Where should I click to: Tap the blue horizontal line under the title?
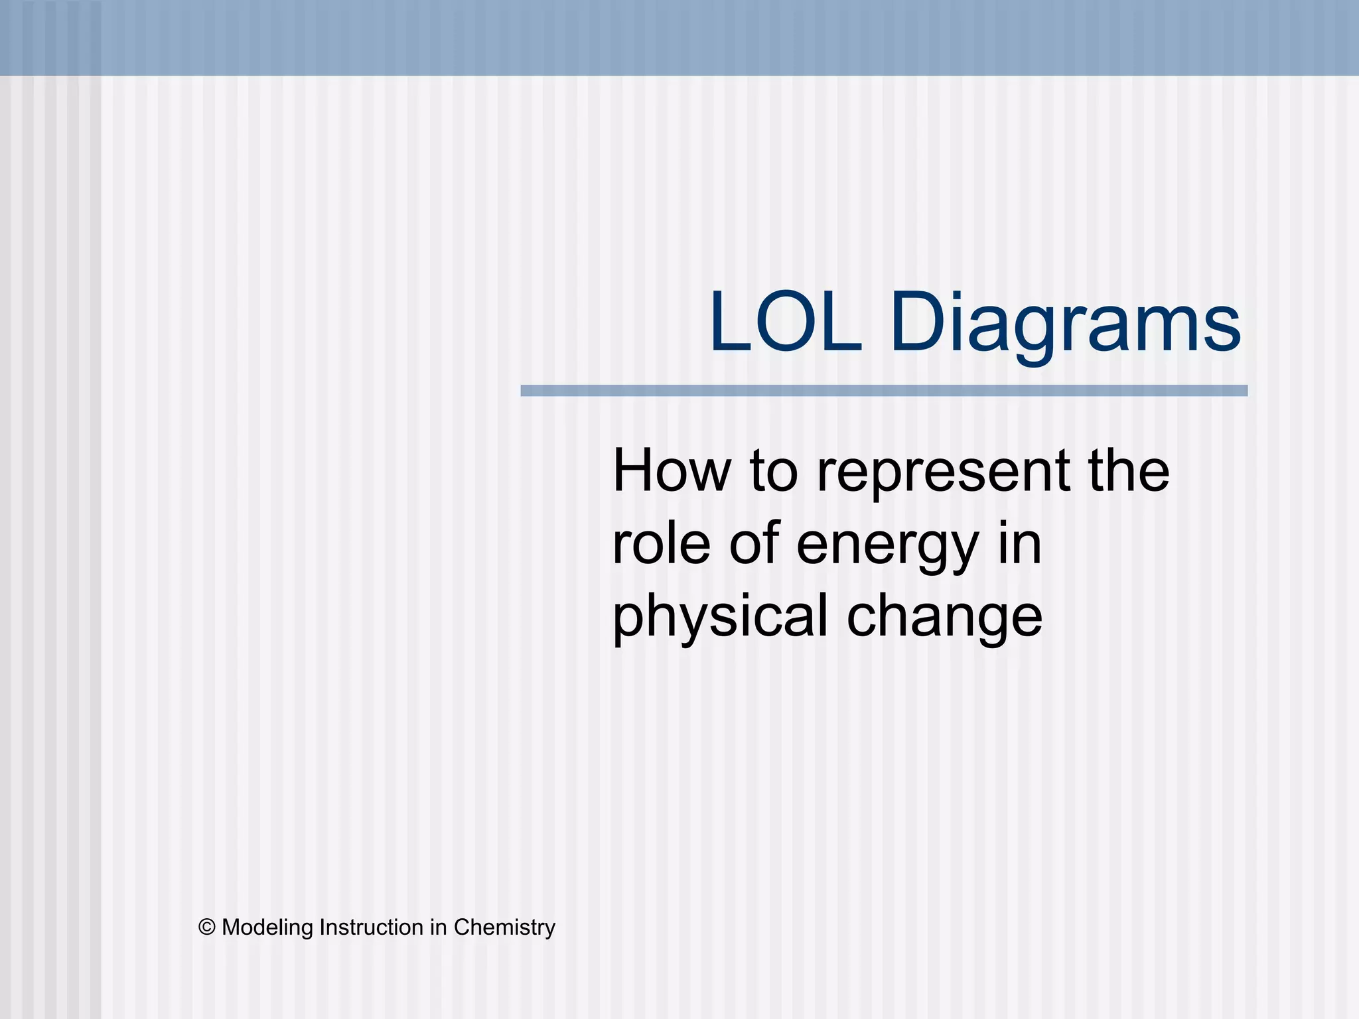click(x=883, y=391)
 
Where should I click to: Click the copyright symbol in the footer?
click(x=207, y=927)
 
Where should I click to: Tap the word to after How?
click(x=774, y=472)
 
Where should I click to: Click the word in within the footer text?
click(x=438, y=927)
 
